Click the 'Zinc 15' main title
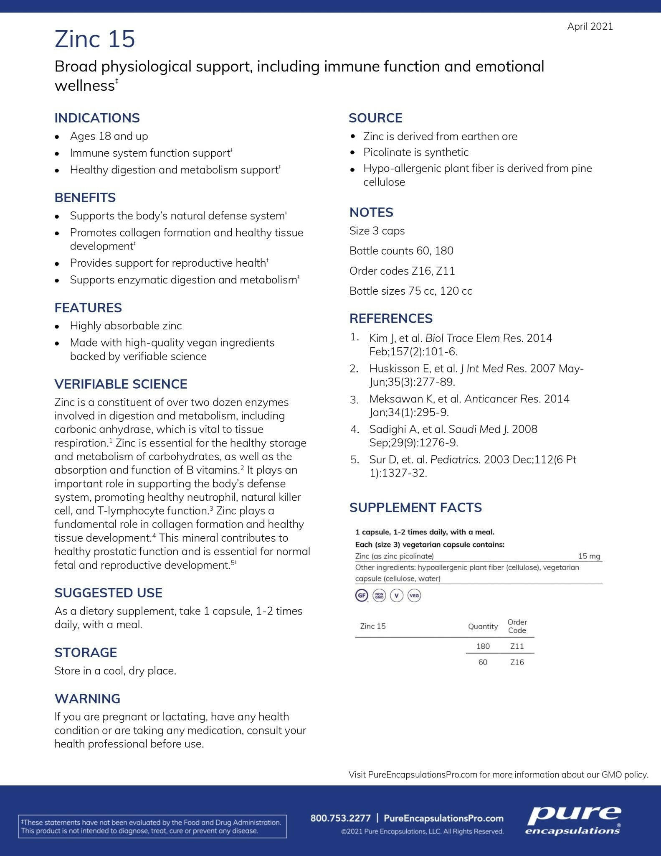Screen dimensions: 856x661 (95, 39)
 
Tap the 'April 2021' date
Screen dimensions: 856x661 (590, 26)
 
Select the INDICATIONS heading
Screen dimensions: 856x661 (97, 118)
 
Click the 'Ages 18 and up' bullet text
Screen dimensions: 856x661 (109, 136)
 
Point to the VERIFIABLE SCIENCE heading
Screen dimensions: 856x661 (121, 384)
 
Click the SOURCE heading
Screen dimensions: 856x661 (375, 118)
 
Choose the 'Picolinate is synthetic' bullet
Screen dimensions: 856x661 (416, 152)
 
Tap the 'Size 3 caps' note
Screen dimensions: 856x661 (377, 231)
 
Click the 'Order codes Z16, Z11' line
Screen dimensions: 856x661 (402, 271)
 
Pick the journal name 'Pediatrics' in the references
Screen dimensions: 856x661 (455, 460)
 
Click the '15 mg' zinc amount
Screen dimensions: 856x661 (589, 556)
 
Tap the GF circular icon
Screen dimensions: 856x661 (361, 595)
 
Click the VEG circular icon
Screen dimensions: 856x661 (414, 595)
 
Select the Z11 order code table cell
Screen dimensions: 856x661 (517, 646)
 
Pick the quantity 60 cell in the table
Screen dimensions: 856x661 (483, 662)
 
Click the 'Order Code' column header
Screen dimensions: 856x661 (517, 626)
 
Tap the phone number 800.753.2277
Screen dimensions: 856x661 (340, 818)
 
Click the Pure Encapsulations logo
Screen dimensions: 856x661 (573, 821)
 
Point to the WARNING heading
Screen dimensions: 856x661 (87, 698)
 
